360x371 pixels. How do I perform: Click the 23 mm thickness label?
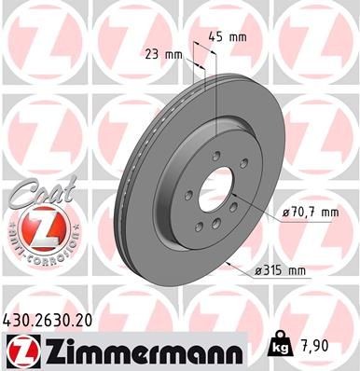(x=163, y=54)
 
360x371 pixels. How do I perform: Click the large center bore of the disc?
(x=220, y=185)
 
